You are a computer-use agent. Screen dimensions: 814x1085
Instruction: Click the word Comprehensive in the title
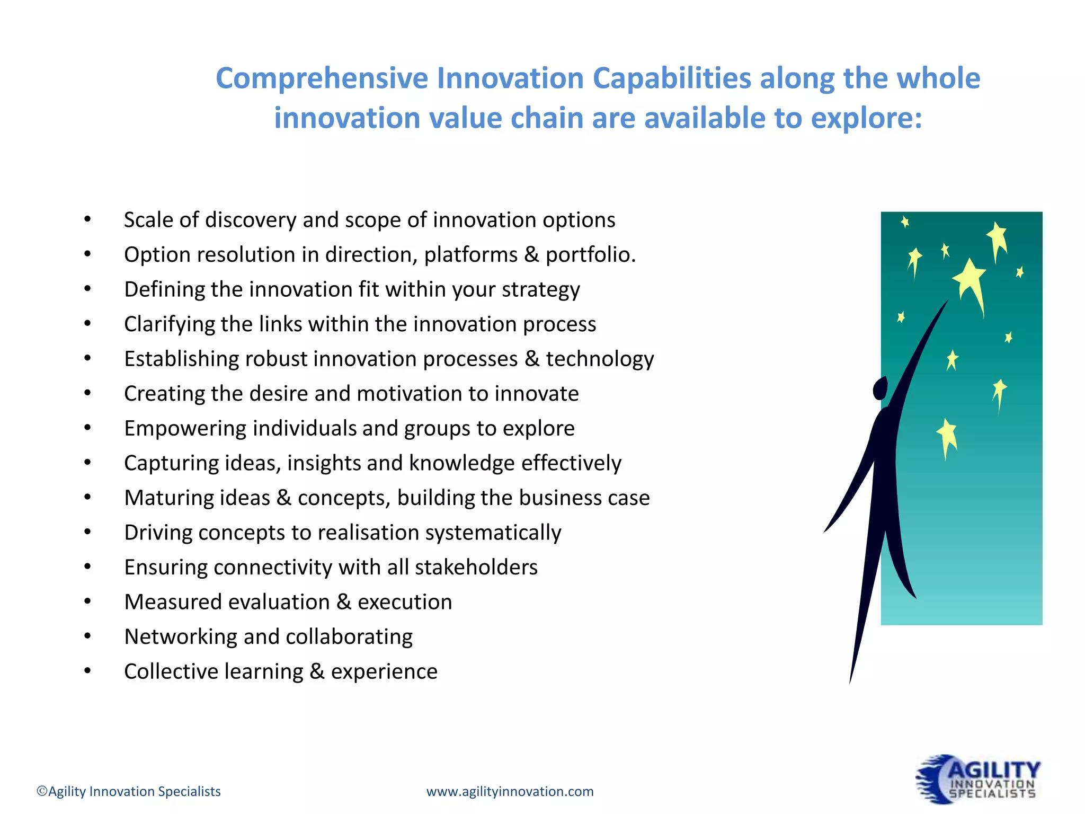pyautogui.click(x=322, y=78)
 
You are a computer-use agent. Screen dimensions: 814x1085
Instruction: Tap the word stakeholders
pyautogui.click(x=476, y=568)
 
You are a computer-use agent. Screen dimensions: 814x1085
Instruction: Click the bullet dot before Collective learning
pyautogui.click(x=87, y=671)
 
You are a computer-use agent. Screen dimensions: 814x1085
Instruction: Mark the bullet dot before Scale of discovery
pyautogui.click(x=87, y=219)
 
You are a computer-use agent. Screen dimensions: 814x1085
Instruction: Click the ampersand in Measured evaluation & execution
pyautogui.click(x=344, y=602)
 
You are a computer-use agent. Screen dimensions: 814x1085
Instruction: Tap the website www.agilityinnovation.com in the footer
pyautogui.click(x=510, y=792)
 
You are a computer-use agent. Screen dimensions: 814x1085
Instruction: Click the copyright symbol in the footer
pyautogui.click(x=42, y=792)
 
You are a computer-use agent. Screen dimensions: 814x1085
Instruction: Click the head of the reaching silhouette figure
pyautogui.click(x=880, y=388)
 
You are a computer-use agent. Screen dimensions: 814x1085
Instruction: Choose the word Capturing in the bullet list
pyautogui.click(x=171, y=463)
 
